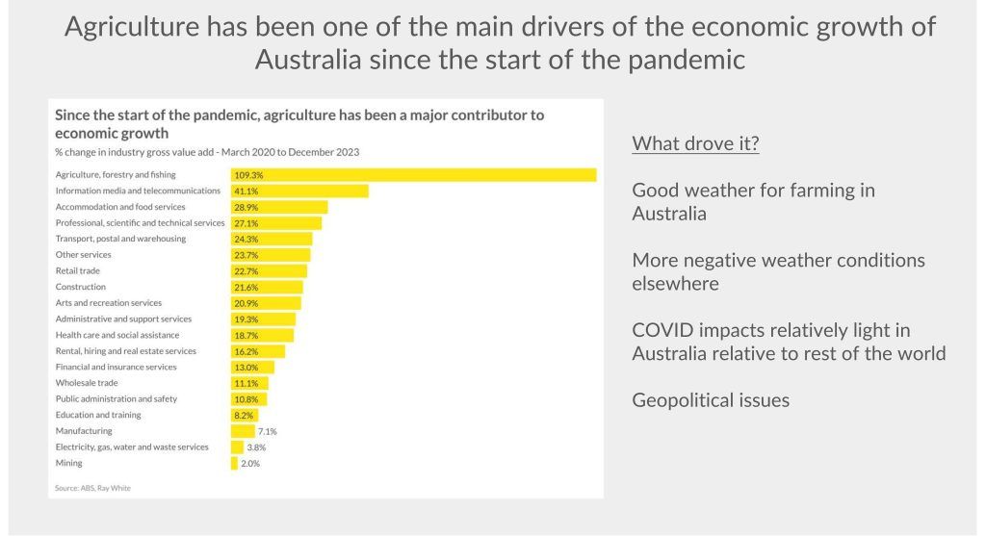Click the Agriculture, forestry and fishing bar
[x=413, y=175]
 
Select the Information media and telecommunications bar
[x=299, y=191]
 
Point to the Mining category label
[x=69, y=463]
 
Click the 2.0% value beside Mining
[x=250, y=463]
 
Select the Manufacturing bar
[x=243, y=431]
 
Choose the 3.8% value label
[x=256, y=447]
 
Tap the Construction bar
[x=267, y=287]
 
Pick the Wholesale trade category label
[x=87, y=383]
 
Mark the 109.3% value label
[x=248, y=175]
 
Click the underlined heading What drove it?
[x=695, y=144]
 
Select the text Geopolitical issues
[x=711, y=400]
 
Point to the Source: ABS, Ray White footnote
[x=92, y=488]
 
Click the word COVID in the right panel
[x=662, y=331]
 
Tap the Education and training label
[x=98, y=415]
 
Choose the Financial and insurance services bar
[x=252, y=367]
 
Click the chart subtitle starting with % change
[x=208, y=152]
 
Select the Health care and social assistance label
[x=117, y=335]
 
